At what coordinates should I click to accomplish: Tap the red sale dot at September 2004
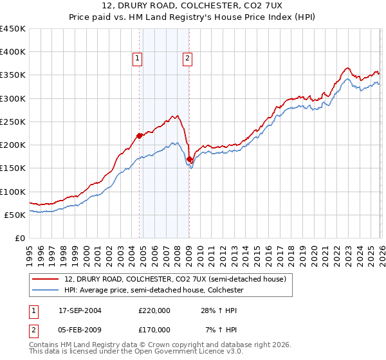click(x=139, y=136)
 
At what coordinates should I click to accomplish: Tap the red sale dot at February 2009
click(x=189, y=159)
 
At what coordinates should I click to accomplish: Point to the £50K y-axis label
click(x=15, y=215)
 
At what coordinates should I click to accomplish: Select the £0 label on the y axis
click(x=21, y=238)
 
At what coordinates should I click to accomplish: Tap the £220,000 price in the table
click(x=154, y=310)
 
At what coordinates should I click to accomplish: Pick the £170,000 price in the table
click(x=154, y=329)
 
